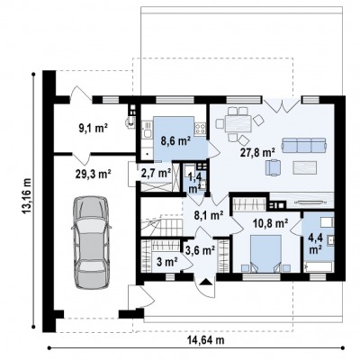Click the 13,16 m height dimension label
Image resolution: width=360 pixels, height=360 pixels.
(x=27, y=201)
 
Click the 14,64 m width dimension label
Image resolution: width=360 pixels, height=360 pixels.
(x=206, y=340)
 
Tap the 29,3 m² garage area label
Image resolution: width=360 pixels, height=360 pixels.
(x=93, y=173)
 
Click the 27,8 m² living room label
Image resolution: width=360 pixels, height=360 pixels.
(x=258, y=152)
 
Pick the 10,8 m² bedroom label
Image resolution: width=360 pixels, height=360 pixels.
(x=271, y=222)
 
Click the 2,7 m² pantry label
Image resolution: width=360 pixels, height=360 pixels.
(x=156, y=173)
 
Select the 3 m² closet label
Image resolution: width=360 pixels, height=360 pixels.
(x=167, y=262)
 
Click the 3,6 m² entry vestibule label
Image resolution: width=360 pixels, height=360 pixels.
(x=200, y=249)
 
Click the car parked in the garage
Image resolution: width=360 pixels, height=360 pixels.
(x=91, y=242)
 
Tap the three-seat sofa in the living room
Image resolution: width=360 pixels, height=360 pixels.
(x=304, y=145)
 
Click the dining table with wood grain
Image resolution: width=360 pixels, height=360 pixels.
(x=238, y=123)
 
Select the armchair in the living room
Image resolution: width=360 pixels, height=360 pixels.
(x=274, y=167)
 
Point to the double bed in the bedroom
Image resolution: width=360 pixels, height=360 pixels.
(x=265, y=254)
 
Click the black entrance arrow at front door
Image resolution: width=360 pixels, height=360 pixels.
(x=205, y=282)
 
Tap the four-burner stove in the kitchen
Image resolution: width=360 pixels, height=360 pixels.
(x=201, y=129)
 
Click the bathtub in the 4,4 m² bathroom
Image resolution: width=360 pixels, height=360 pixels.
(x=319, y=266)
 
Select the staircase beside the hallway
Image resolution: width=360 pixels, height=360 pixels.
(x=161, y=226)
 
